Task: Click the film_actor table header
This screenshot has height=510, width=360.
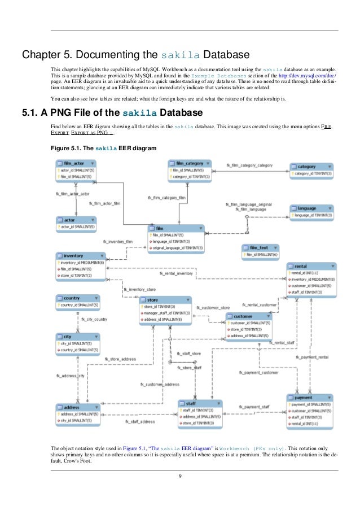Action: click(76, 163)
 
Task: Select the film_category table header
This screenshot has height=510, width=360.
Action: click(190, 163)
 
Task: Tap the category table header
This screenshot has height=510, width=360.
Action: click(311, 167)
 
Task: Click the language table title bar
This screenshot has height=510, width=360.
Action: click(311, 208)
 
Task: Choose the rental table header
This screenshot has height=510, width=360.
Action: click(311, 265)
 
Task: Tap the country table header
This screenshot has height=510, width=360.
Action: click(77, 298)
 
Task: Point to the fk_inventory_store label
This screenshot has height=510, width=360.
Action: click(140, 289)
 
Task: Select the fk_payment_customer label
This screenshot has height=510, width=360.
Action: click(259, 372)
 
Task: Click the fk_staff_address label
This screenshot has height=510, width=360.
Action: click(139, 421)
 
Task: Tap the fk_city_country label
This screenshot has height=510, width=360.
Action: click(94, 319)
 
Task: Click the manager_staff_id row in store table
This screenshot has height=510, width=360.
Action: click(166, 312)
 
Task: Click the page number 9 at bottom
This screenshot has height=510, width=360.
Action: click(180, 481)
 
